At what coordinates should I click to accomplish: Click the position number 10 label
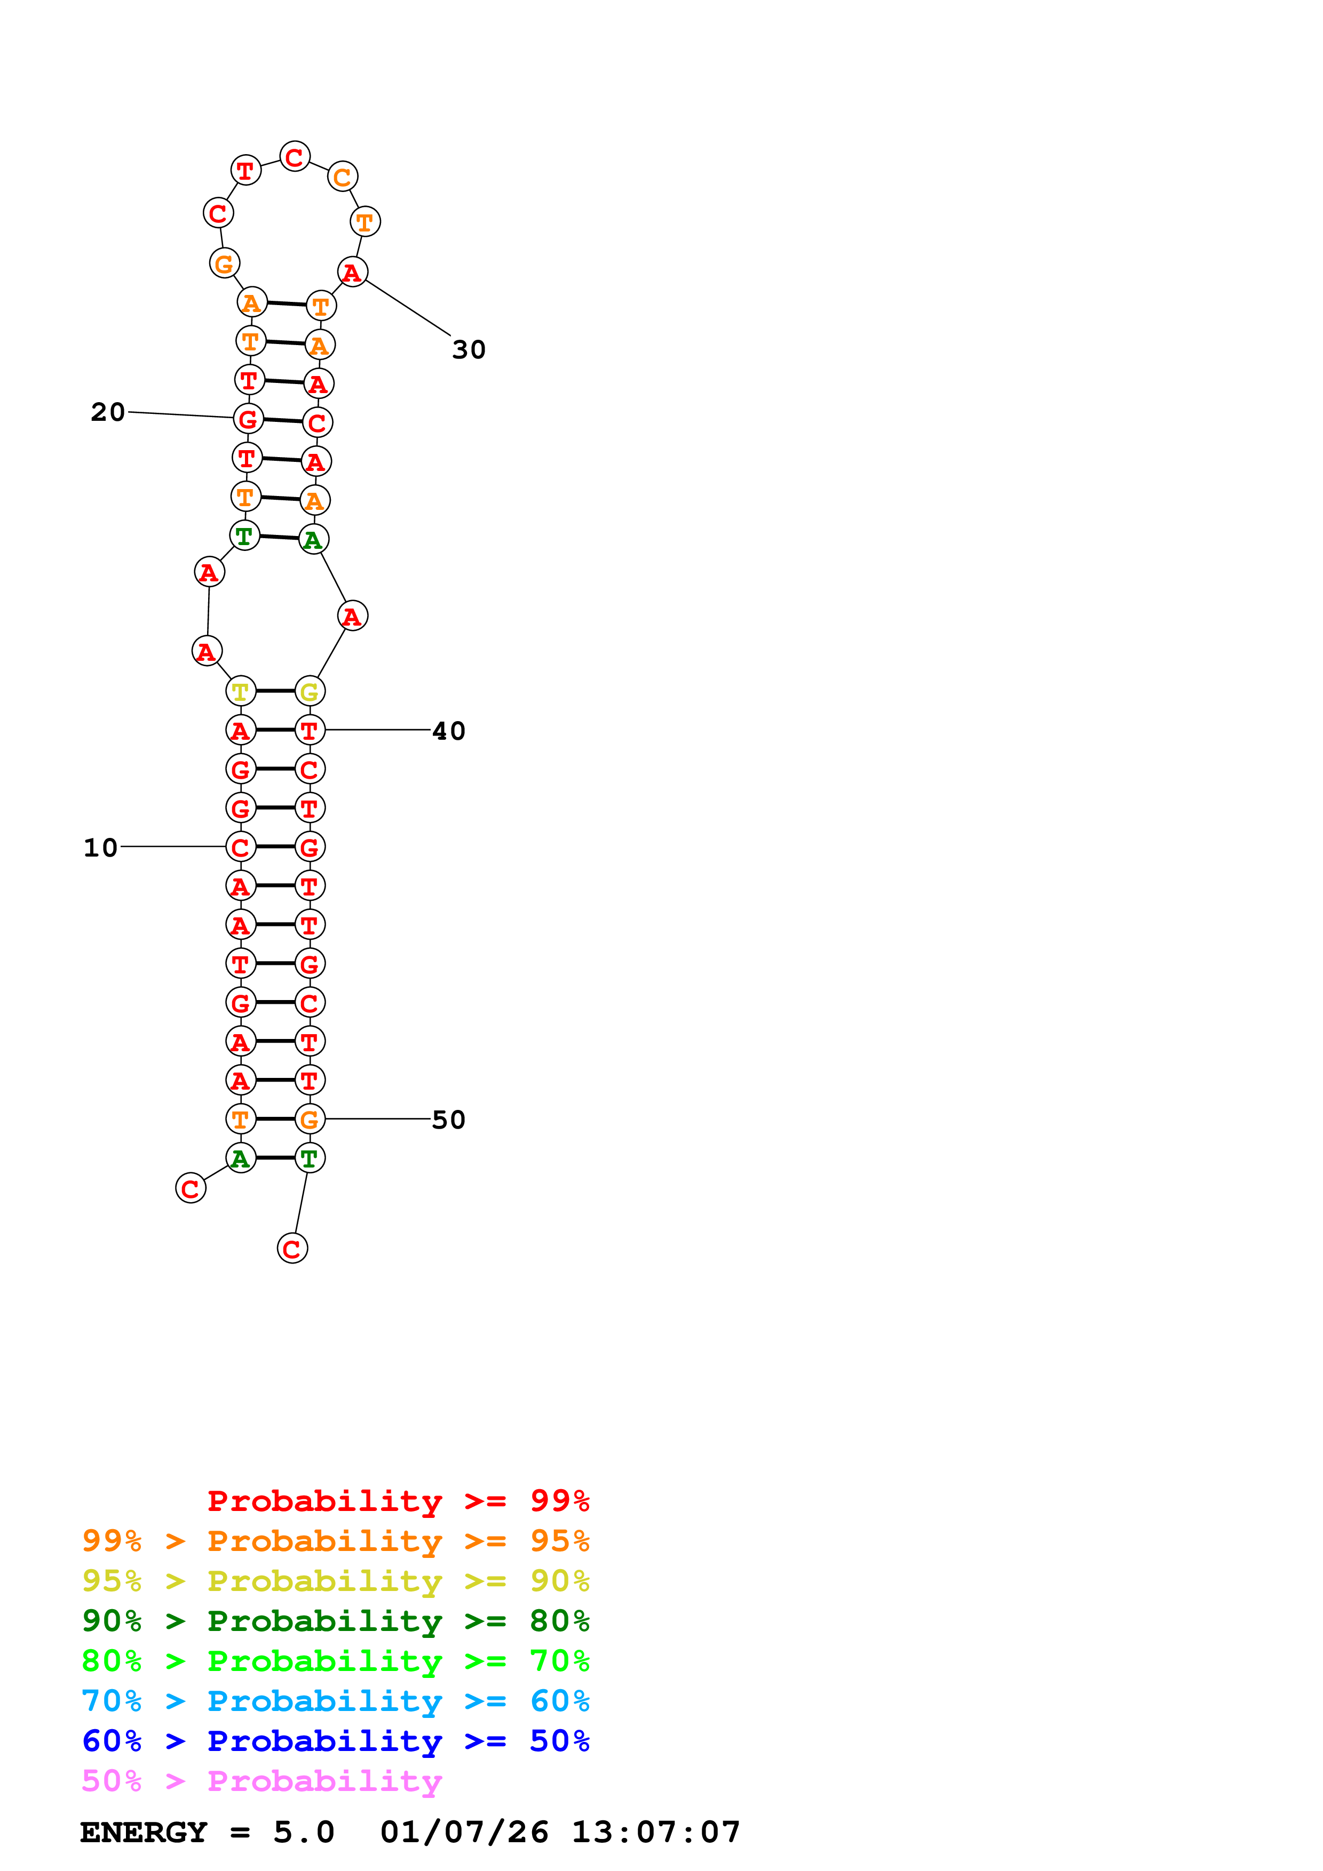[100, 847]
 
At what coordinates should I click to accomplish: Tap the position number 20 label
[108, 412]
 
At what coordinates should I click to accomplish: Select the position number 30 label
[469, 349]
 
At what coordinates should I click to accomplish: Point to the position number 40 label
[448, 731]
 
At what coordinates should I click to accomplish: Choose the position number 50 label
[448, 1120]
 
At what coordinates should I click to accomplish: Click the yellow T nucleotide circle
[241, 691]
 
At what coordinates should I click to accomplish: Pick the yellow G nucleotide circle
[310, 691]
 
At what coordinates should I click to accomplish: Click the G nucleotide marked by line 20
[248, 419]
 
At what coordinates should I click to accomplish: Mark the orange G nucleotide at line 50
[310, 1119]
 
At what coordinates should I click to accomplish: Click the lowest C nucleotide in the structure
[292, 1249]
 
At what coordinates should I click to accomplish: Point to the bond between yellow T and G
[275, 691]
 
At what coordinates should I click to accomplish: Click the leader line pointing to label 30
[408, 307]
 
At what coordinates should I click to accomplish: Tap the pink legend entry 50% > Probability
[262, 1781]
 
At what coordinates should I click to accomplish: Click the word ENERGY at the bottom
[144, 1833]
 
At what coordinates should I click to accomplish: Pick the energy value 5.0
[303, 1833]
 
